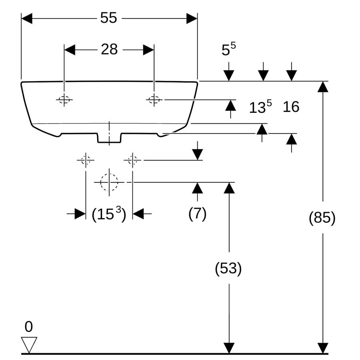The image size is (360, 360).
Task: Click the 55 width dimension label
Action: tap(108, 18)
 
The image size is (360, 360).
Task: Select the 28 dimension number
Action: tap(109, 49)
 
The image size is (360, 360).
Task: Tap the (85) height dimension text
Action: tap(322, 218)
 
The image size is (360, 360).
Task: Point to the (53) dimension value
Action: tap(228, 268)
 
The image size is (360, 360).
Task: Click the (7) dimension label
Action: tap(198, 214)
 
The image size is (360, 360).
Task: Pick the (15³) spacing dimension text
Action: tap(109, 214)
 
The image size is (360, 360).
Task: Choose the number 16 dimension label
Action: tap(291, 107)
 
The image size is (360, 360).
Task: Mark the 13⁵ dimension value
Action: tap(260, 107)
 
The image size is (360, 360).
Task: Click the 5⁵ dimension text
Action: tap(229, 49)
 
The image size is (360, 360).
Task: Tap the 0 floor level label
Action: tap(29, 327)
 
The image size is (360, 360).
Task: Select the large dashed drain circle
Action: tap(109, 182)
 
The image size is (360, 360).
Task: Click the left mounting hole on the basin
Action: tap(64, 100)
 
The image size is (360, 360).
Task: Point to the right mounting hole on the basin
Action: tap(154, 100)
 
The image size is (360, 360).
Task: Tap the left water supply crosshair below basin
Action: tap(86, 160)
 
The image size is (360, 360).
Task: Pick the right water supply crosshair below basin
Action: tap(132, 160)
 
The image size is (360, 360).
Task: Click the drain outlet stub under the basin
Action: tap(109, 138)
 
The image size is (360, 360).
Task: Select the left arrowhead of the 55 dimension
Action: tap(27, 18)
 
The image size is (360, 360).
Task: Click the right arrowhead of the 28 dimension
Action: tap(148, 50)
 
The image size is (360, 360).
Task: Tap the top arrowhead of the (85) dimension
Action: tap(323, 87)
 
